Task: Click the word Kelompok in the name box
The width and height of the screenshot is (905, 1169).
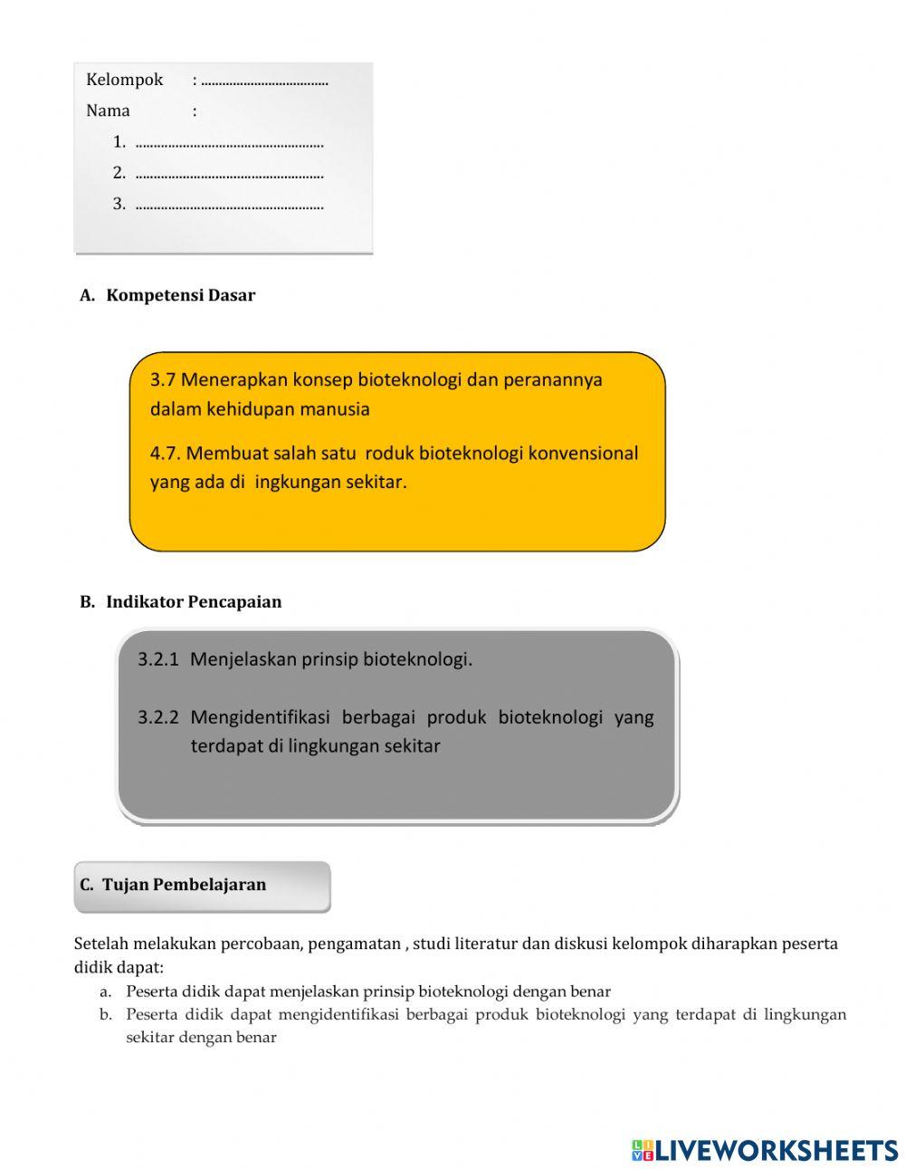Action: (124, 80)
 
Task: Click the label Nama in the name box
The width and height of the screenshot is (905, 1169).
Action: (108, 110)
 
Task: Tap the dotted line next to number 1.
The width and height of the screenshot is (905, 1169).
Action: (229, 143)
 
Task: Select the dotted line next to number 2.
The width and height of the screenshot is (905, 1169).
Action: (229, 174)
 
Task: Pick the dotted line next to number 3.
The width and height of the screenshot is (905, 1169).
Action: (229, 206)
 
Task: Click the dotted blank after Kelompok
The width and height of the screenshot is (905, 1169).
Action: (264, 81)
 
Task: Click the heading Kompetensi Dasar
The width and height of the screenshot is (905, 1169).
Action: (180, 295)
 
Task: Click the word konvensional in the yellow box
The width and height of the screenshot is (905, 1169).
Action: (583, 453)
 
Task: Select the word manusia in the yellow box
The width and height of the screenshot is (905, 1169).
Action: (335, 408)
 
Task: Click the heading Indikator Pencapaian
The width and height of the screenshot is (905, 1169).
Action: (193, 602)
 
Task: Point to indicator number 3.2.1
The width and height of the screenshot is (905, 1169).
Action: (157, 659)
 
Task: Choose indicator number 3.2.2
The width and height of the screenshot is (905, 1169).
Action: (157, 717)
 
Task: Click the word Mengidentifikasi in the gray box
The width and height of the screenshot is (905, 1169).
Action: (261, 717)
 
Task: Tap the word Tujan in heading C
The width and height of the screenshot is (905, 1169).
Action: (125, 885)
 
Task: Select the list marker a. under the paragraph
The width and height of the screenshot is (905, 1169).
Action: (106, 992)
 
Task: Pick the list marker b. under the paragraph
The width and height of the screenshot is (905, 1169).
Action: (106, 1015)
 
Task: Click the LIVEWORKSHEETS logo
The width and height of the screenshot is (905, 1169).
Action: (764, 1150)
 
